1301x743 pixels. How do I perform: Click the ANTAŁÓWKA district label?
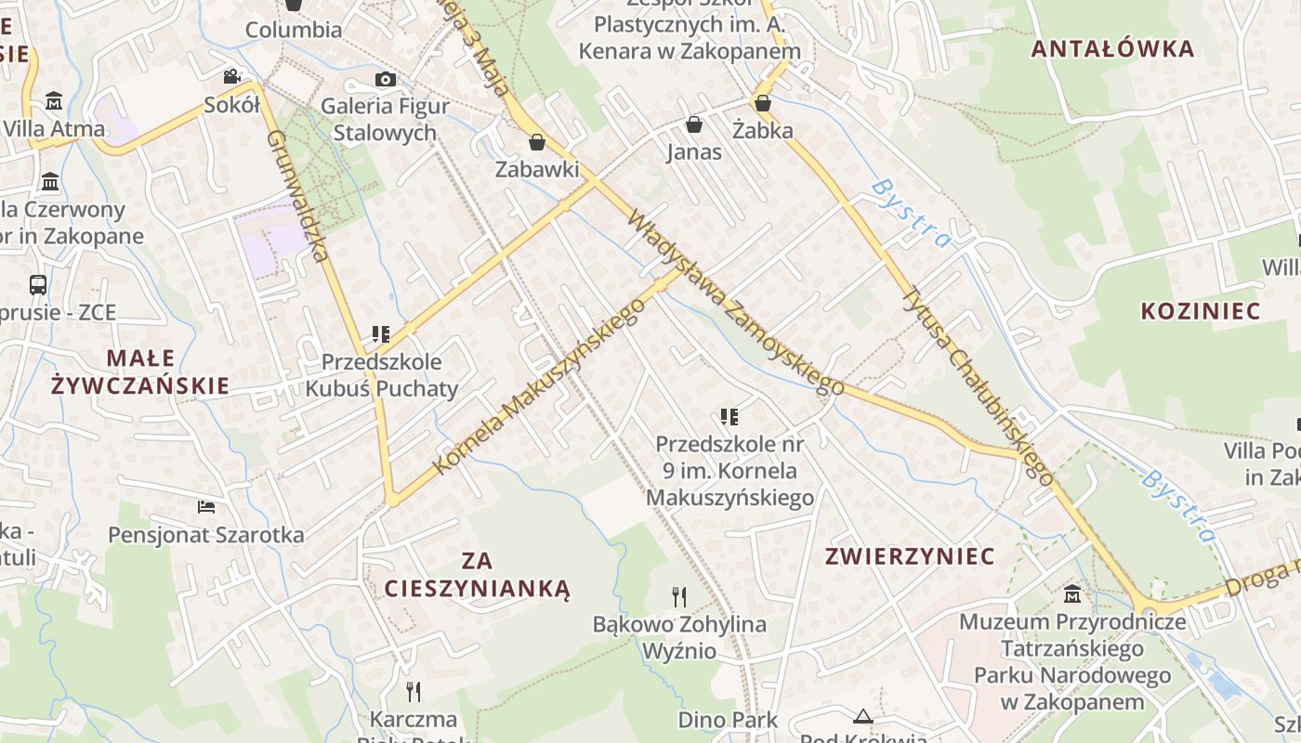pyautogui.click(x=1111, y=49)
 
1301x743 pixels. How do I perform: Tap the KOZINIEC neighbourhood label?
pyautogui.click(x=1201, y=311)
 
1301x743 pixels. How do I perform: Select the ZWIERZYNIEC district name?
pyautogui.click(x=910, y=556)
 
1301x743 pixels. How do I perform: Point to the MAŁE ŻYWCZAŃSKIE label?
pyautogui.click(x=140, y=371)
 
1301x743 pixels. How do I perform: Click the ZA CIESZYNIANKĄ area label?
pyautogui.click(x=477, y=575)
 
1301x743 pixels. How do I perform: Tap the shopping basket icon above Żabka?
pyautogui.click(x=763, y=103)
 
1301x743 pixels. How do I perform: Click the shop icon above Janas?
pyautogui.click(x=693, y=124)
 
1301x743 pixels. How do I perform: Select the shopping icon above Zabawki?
pyautogui.click(x=536, y=142)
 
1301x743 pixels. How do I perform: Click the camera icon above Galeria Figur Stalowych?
pyautogui.click(x=385, y=80)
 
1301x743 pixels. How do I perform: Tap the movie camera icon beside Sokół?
pyautogui.click(x=231, y=76)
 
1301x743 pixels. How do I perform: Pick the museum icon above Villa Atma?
pyautogui.click(x=54, y=100)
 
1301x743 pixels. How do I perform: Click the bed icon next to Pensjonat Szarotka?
pyautogui.click(x=206, y=507)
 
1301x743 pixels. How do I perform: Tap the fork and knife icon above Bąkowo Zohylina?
pyautogui.click(x=679, y=596)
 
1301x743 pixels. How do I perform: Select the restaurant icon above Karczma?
pyautogui.click(x=414, y=691)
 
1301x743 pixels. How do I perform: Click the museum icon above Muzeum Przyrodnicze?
pyautogui.click(x=1072, y=593)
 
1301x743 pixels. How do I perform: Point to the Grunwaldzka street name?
pyautogui.click(x=299, y=196)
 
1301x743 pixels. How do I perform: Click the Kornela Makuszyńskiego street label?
pyautogui.click(x=539, y=385)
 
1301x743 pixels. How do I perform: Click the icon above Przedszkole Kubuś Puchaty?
pyautogui.click(x=380, y=333)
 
